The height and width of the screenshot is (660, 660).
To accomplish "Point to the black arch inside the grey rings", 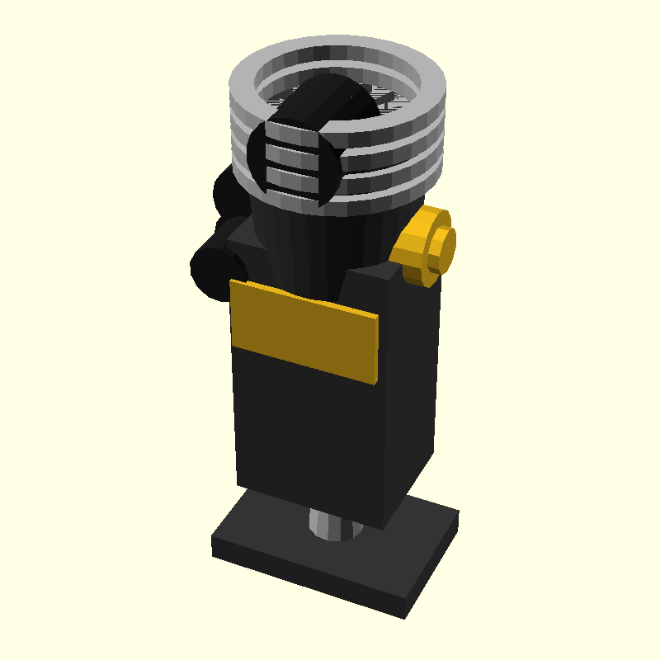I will pos(326,103).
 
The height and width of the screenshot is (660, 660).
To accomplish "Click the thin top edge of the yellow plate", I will pos(305,299).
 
